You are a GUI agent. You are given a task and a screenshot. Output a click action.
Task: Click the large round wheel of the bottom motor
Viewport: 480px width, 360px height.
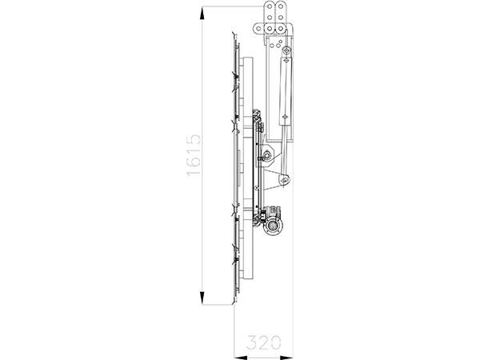[274, 228]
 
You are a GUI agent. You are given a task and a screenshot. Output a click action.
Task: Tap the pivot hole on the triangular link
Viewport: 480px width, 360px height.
[284, 182]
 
